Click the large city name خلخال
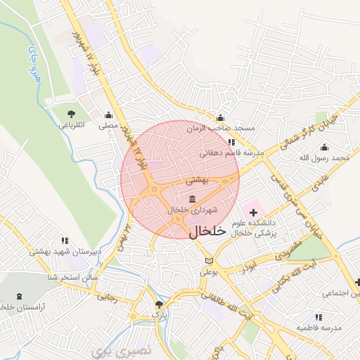tap(207, 231)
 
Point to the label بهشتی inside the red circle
tap(198, 181)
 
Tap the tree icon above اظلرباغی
tap(70, 113)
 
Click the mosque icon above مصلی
tap(108, 115)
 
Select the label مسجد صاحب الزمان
tap(220, 129)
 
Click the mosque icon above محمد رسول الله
tap(324, 147)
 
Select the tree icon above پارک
tap(159, 305)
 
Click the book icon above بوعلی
tap(207, 261)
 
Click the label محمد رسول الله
tap(324, 158)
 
